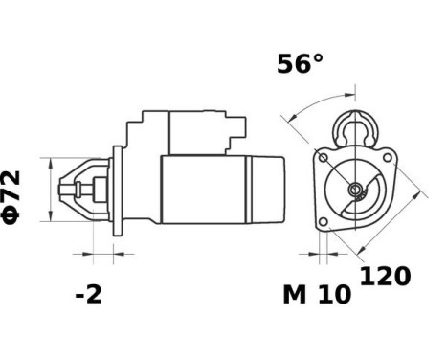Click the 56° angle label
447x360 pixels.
pyautogui.click(x=300, y=64)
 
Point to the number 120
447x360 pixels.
pyautogui.click(x=385, y=277)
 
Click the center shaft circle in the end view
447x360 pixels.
pyautogui.click(x=355, y=190)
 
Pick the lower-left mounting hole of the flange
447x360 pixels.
pyautogui.click(x=324, y=221)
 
